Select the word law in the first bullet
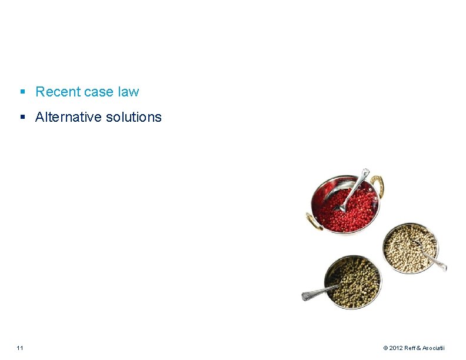point(129,92)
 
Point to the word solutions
point(134,117)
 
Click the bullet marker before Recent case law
point(22,92)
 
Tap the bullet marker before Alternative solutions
point(22,117)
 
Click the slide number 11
point(20,348)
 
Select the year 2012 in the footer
point(395,348)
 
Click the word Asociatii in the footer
point(433,348)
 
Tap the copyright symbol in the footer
point(385,348)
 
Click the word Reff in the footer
point(410,348)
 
